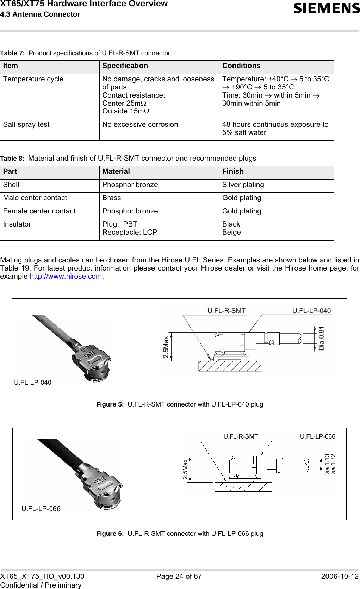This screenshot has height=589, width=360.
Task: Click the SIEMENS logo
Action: [x=326, y=8]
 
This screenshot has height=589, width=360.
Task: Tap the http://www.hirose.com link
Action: [x=66, y=277]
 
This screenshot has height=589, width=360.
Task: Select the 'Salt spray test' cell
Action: [x=26, y=125]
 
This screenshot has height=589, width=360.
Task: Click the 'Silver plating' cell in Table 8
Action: [x=243, y=185]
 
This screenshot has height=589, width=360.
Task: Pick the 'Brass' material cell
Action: [x=112, y=198]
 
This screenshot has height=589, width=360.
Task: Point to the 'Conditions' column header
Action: [x=241, y=66]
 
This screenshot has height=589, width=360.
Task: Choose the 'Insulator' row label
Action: [x=17, y=224]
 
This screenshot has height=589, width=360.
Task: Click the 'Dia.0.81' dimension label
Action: [x=321, y=338]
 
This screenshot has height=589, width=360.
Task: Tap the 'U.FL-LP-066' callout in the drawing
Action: [x=317, y=436]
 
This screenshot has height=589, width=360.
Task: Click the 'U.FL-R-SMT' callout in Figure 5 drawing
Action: [x=226, y=311]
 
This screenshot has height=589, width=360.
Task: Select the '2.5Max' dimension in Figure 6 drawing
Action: [x=185, y=469]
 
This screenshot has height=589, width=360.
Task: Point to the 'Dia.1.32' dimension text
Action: [x=333, y=465]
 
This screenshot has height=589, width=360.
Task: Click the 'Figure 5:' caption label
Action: [x=110, y=404]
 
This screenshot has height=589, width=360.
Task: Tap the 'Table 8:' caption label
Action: [x=12, y=159]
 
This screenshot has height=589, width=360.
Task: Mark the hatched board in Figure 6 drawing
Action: [x=243, y=487]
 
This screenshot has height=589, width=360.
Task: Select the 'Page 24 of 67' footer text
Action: [x=179, y=576]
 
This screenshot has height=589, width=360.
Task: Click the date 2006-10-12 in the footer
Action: [x=340, y=576]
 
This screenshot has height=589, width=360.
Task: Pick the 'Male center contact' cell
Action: [x=35, y=198]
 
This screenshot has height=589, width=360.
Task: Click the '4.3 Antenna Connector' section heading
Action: [x=40, y=14]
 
